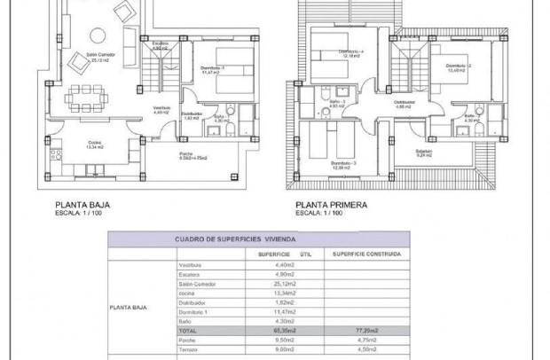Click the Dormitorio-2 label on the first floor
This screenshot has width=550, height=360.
pyautogui.click(x=458, y=66)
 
